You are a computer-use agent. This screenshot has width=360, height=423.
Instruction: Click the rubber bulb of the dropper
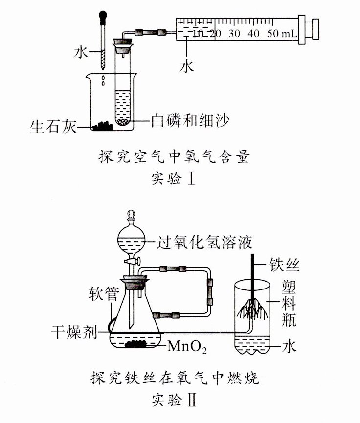point(103,18)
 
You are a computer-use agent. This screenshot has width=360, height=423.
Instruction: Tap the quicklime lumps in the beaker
point(103,126)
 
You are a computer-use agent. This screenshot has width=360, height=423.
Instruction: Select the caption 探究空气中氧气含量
point(174,157)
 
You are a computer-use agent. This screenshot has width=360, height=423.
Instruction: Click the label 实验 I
point(174,179)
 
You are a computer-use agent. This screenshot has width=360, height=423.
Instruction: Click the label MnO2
point(187,348)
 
